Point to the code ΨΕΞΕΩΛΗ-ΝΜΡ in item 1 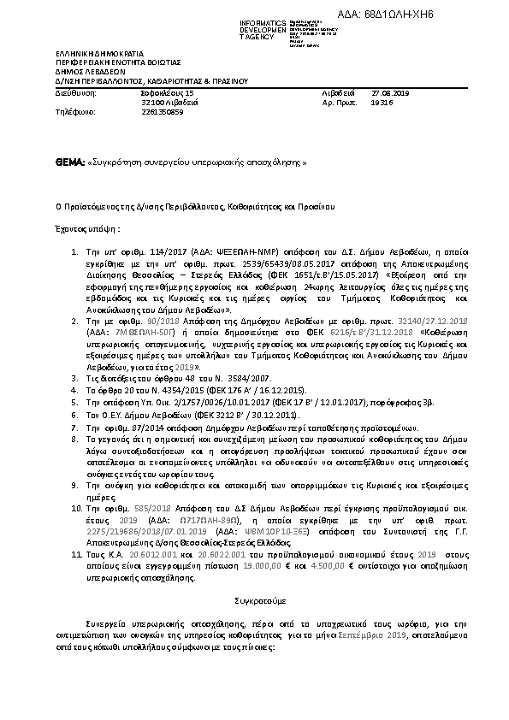pos(201,254)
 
